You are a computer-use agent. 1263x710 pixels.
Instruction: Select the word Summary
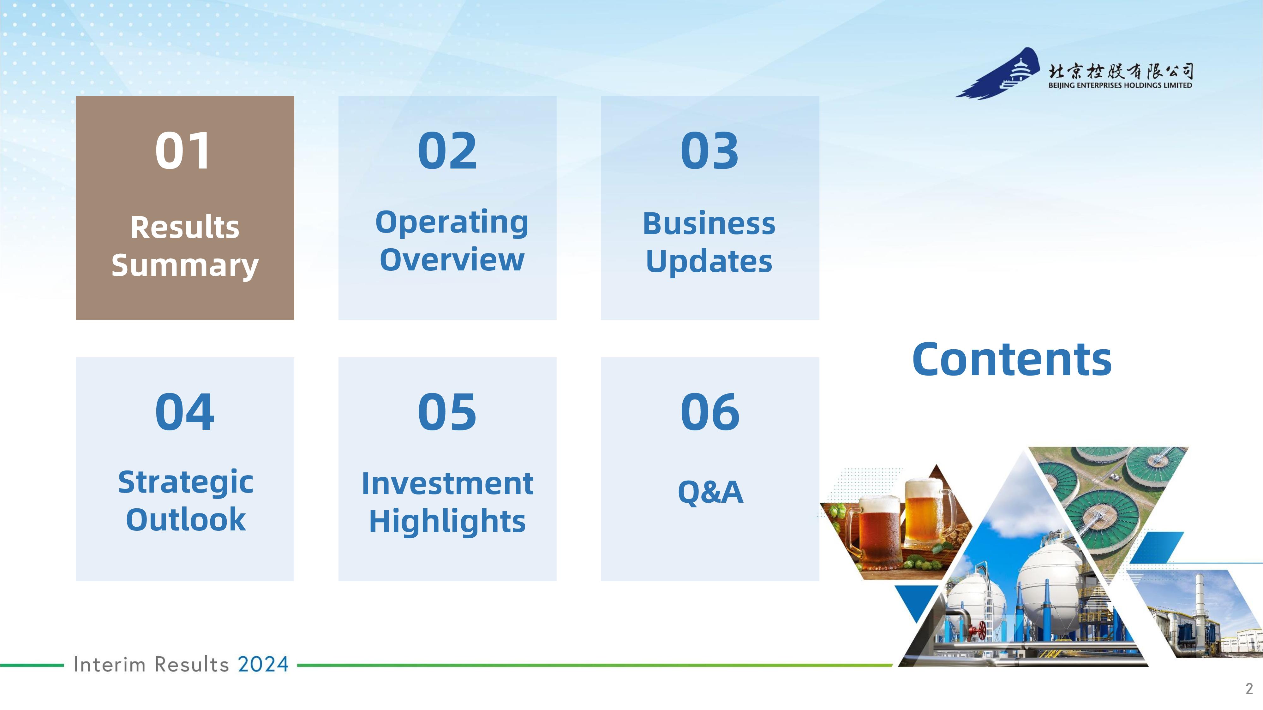[x=185, y=266]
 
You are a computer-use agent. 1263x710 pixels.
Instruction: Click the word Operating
[x=452, y=223]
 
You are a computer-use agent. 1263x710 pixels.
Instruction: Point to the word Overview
[x=452, y=260]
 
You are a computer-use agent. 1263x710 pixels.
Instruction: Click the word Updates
[x=709, y=262]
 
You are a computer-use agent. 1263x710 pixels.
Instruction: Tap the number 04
[x=184, y=412]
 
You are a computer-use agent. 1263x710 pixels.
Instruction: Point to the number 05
[x=447, y=412]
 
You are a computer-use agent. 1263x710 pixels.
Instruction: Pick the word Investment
[x=447, y=484]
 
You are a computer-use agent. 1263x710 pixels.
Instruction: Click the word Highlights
[x=447, y=521]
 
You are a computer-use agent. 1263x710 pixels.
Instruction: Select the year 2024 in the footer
[x=263, y=665]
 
